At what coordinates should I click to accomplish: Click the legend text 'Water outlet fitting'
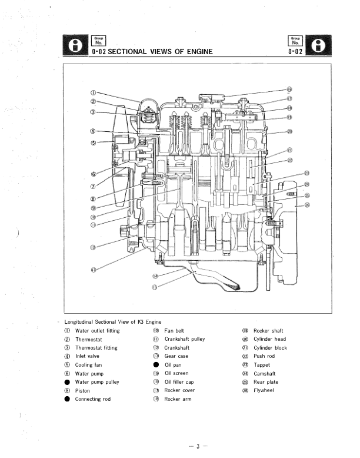coord(97,331)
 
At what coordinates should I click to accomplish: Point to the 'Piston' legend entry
coord(83,390)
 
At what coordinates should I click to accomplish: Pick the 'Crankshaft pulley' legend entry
coord(185,340)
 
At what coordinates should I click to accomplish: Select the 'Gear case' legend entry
coord(176,356)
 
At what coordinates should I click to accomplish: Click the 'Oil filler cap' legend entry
coord(180,382)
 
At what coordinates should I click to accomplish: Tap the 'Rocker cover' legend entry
coord(179,390)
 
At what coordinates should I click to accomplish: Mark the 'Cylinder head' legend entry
coord(269,340)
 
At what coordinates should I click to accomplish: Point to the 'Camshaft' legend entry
coord(265,373)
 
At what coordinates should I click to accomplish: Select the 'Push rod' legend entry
coord(264,356)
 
